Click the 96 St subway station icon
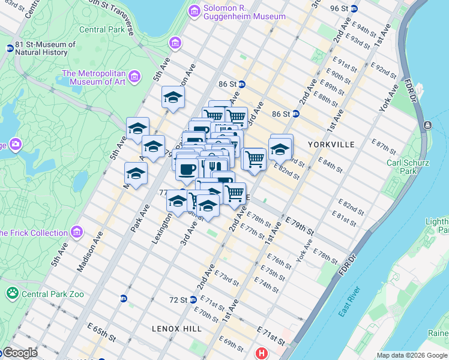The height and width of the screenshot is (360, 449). (x=354, y=8)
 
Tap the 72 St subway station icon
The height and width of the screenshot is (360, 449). (x=193, y=299)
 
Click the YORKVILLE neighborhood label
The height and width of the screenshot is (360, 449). (x=331, y=145)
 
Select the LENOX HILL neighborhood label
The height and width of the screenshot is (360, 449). (x=171, y=329)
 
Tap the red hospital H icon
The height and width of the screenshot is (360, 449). (x=262, y=354)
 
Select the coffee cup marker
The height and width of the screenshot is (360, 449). (x=188, y=169)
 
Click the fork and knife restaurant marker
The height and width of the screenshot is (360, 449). (x=215, y=166)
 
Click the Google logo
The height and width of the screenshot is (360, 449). (x=19, y=353)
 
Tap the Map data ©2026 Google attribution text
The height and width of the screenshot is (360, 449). (x=411, y=355)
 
